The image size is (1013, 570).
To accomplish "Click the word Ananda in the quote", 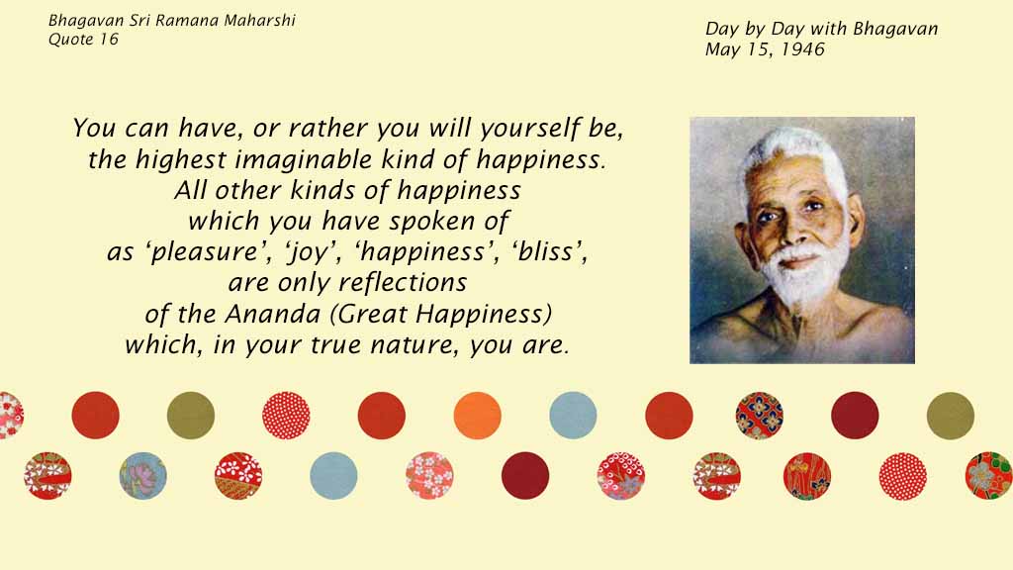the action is pos(273,315).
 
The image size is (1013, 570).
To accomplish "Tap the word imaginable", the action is pos(303,160).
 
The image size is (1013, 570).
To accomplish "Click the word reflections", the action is pos(403,282).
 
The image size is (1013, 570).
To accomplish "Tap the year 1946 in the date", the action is pos(802,49).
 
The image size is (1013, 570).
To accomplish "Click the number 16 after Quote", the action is pos(109,40).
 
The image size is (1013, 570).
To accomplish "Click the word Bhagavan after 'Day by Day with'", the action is pos(894,29).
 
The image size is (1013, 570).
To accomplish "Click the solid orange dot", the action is pos(478,416).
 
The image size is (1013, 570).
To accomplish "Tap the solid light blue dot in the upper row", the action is pos(573,416).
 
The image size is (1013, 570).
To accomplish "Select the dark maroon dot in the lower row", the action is pos(525,476).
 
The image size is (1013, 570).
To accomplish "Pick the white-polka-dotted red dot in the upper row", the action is pos(286,416).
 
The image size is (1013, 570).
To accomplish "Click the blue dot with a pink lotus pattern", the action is pos(142,476).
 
